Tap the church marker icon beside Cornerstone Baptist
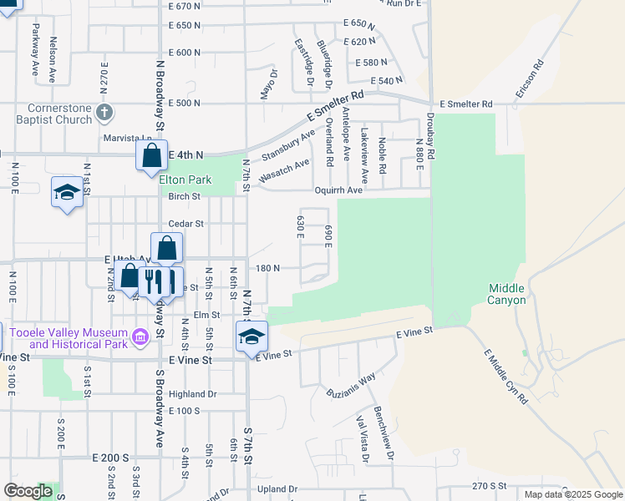(x=104, y=112)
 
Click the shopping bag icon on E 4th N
(x=151, y=155)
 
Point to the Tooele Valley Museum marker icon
(x=140, y=337)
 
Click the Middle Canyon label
(x=507, y=294)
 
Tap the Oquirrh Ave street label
(x=338, y=190)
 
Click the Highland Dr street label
(x=192, y=394)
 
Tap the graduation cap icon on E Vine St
(x=252, y=336)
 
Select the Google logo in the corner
(x=28, y=492)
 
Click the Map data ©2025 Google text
(x=573, y=494)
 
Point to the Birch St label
(x=185, y=197)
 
